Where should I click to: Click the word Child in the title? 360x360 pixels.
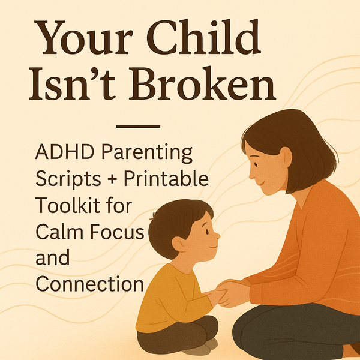[203, 37]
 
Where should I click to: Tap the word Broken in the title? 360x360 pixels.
[202, 83]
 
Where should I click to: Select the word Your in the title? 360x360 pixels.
[84, 38]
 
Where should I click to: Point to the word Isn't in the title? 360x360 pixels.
[72, 83]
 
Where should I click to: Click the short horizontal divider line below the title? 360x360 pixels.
[138, 127]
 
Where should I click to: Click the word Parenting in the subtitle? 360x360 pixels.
[147, 154]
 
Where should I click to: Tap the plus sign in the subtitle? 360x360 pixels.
[112, 179]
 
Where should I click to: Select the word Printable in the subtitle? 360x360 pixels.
[166, 178]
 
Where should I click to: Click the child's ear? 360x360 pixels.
[179, 244]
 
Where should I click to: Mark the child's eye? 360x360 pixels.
[208, 232]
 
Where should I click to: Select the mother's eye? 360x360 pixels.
[256, 164]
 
